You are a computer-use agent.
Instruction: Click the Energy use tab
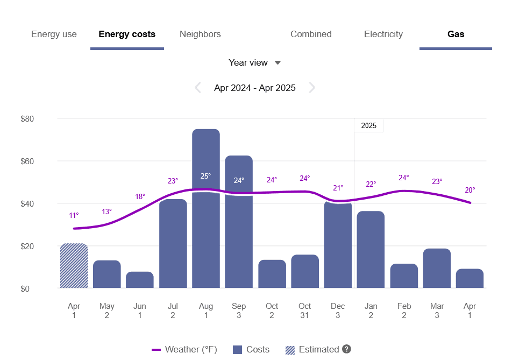(x=54, y=34)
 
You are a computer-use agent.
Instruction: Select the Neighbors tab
(x=200, y=34)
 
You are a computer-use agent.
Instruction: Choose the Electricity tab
(x=383, y=34)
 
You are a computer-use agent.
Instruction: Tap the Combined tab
(x=311, y=34)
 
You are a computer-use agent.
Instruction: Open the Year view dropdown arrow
(x=278, y=63)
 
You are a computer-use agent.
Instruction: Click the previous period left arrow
(x=198, y=88)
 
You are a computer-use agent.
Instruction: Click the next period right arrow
(x=312, y=88)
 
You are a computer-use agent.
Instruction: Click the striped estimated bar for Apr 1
(x=74, y=266)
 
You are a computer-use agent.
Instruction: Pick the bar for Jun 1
(x=140, y=280)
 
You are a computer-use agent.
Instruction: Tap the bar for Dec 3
(x=338, y=245)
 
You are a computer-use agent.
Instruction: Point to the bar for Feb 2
(x=404, y=276)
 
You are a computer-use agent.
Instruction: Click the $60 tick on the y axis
(x=27, y=161)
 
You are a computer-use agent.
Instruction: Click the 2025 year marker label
(x=369, y=126)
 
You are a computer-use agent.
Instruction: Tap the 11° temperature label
(x=74, y=216)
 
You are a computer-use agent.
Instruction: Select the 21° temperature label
(x=338, y=188)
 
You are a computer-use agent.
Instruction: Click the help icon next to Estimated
(x=346, y=349)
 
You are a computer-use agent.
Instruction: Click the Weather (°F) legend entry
(x=184, y=350)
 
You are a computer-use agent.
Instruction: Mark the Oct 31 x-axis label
(x=304, y=311)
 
